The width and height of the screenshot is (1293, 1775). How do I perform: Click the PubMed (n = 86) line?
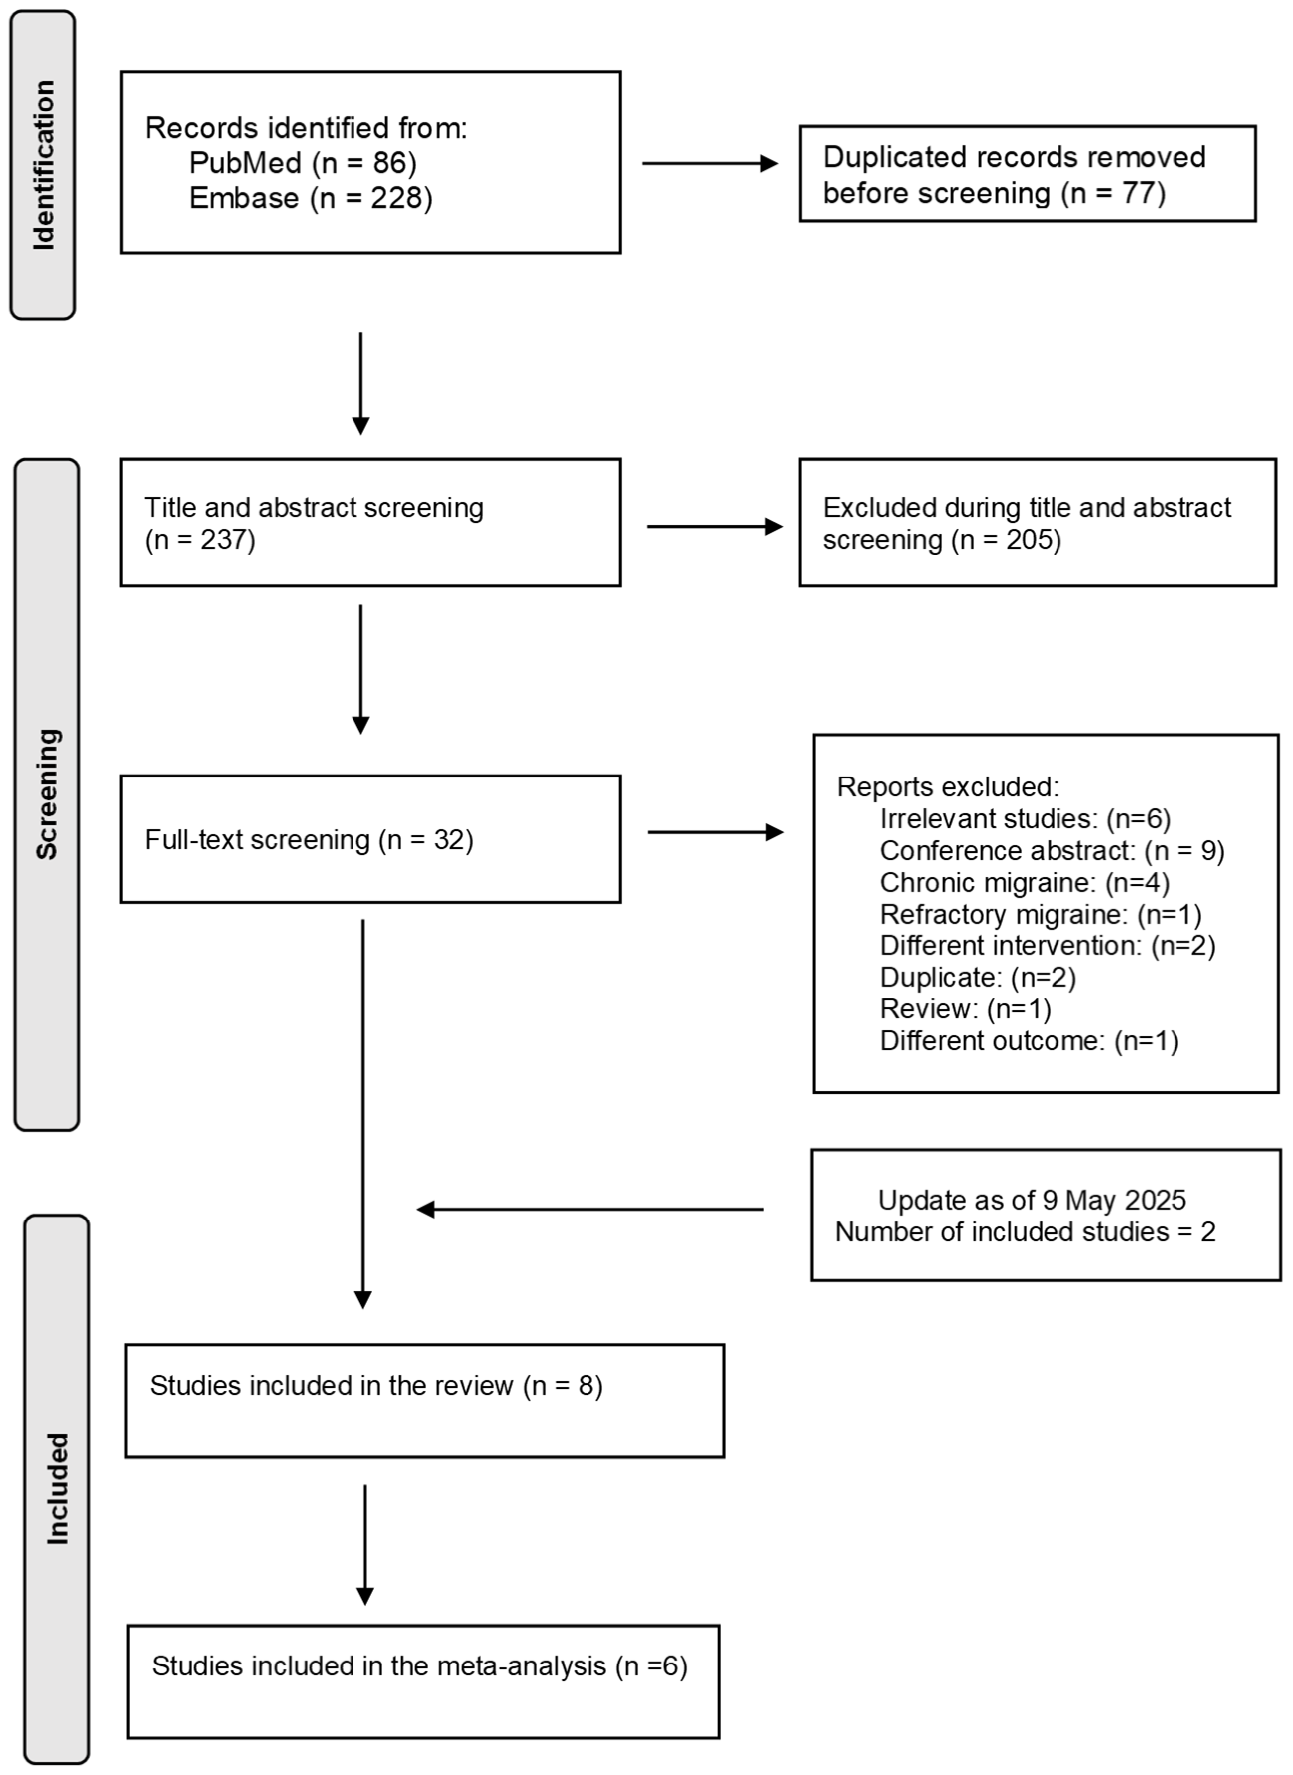click(x=302, y=163)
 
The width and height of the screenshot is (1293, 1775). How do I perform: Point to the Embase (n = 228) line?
click(x=310, y=198)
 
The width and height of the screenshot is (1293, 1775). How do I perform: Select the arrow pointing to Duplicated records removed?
click(x=709, y=164)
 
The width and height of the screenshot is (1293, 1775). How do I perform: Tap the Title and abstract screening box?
click(x=370, y=523)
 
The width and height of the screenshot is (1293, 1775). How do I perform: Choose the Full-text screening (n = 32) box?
click(x=370, y=839)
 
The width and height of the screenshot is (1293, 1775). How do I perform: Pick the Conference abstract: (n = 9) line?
click(x=1051, y=851)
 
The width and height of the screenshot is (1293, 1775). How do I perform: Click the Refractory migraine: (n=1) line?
click(x=1040, y=914)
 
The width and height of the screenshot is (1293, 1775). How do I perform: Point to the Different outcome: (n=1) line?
click(x=1029, y=1041)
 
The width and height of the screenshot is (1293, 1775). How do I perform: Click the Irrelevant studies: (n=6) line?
click(x=1025, y=819)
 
